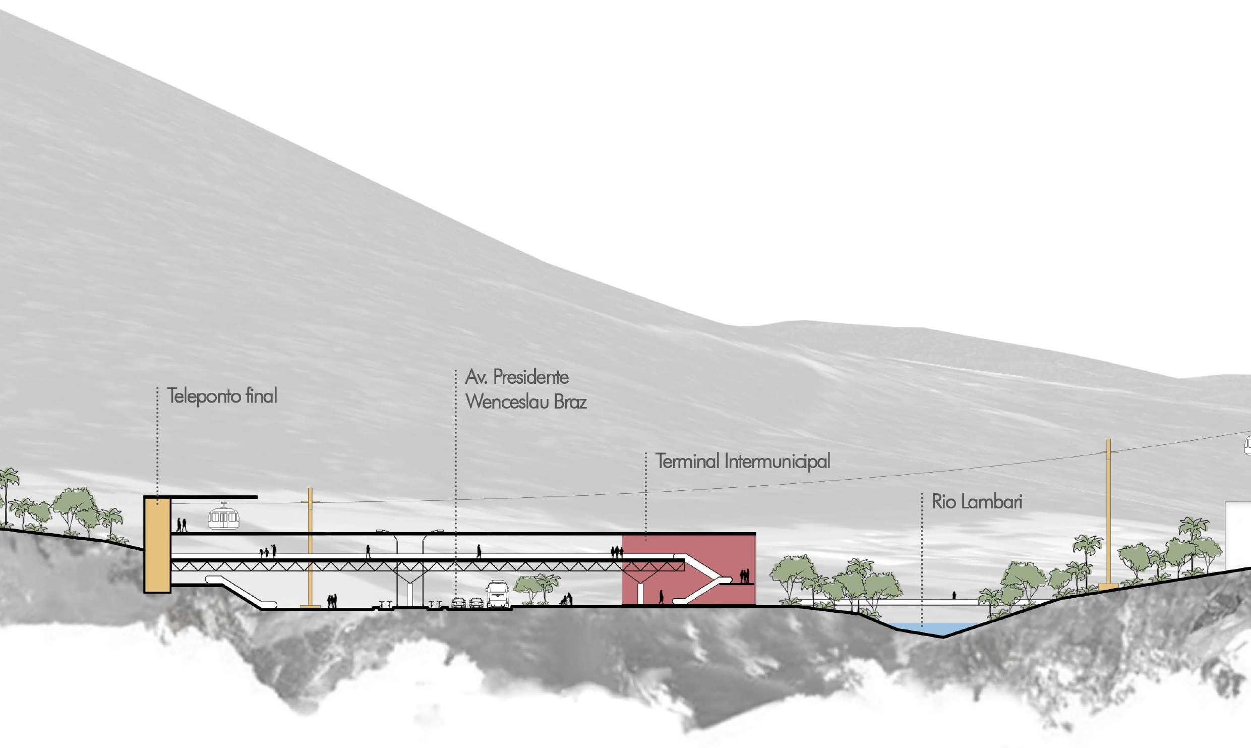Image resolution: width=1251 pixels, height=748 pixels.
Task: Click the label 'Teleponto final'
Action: point(222,396)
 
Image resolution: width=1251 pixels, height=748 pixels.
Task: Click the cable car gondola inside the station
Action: point(224,516)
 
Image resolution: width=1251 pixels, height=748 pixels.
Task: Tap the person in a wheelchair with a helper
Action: point(567,599)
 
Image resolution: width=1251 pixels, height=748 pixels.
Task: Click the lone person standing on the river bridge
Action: point(954,595)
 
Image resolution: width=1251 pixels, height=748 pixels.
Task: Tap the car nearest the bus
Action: point(476,602)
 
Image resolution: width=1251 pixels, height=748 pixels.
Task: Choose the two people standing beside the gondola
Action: point(182,525)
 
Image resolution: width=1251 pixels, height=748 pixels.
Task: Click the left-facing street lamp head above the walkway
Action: point(383,531)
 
